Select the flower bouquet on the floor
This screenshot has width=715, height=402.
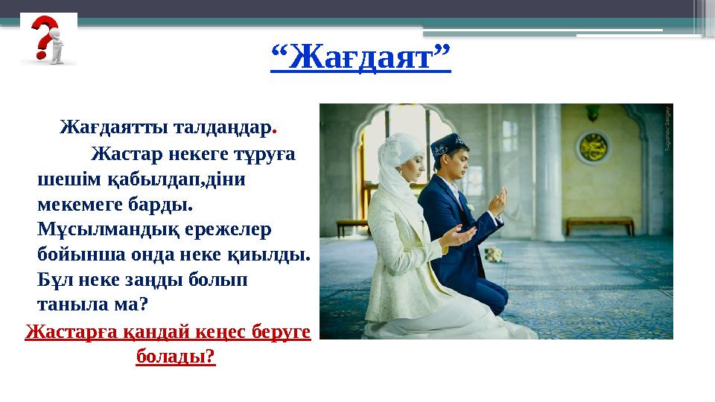point(493,254)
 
